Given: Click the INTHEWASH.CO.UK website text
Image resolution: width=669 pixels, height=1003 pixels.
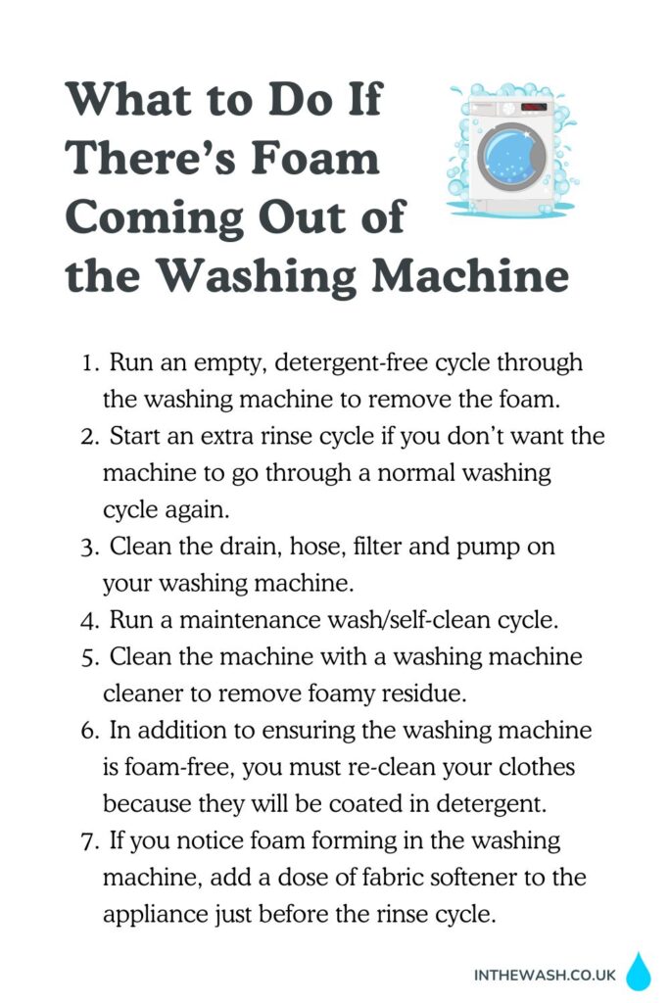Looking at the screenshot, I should [x=545, y=975].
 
